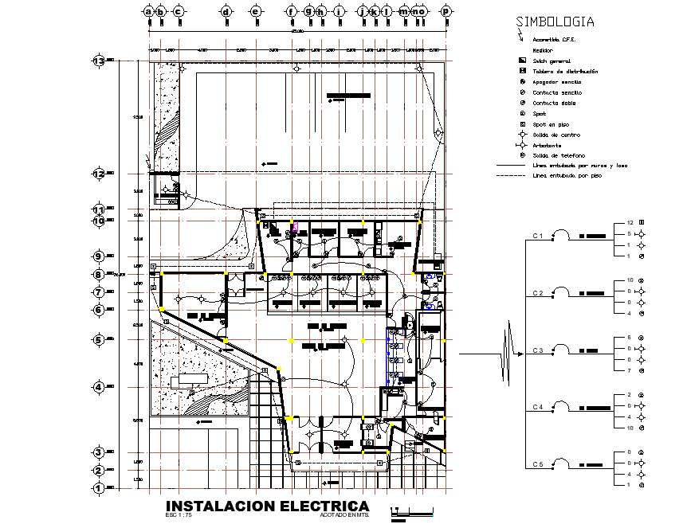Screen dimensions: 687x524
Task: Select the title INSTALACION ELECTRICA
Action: point(267,506)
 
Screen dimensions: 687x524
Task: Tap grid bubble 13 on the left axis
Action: point(100,61)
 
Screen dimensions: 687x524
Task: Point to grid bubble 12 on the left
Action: point(100,173)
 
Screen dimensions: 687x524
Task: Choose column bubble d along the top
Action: point(226,11)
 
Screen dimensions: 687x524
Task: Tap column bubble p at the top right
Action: point(446,11)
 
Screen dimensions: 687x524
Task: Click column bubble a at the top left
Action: point(148,11)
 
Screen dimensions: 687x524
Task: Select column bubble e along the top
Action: point(256,11)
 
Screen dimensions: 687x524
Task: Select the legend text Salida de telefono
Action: point(559,154)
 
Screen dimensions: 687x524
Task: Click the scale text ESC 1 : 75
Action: point(179,515)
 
